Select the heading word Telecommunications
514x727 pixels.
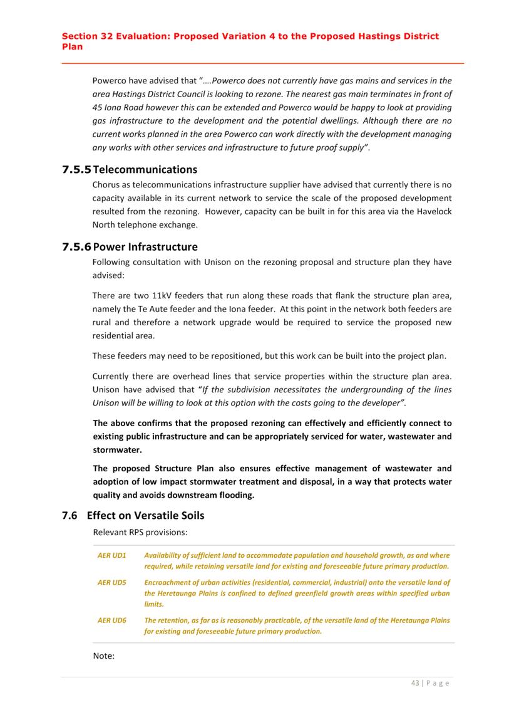(x=145, y=170)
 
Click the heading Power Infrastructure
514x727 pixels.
(x=145, y=247)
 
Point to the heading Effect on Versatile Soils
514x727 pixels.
(x=145, y=516)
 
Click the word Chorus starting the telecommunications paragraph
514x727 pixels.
(x=107, y=185)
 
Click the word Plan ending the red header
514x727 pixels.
(x=72, y=46)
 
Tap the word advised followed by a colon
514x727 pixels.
(x=109, y=275)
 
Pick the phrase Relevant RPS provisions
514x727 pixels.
(x=140, y=532)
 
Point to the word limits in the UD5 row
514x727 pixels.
(x=154, y=604)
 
